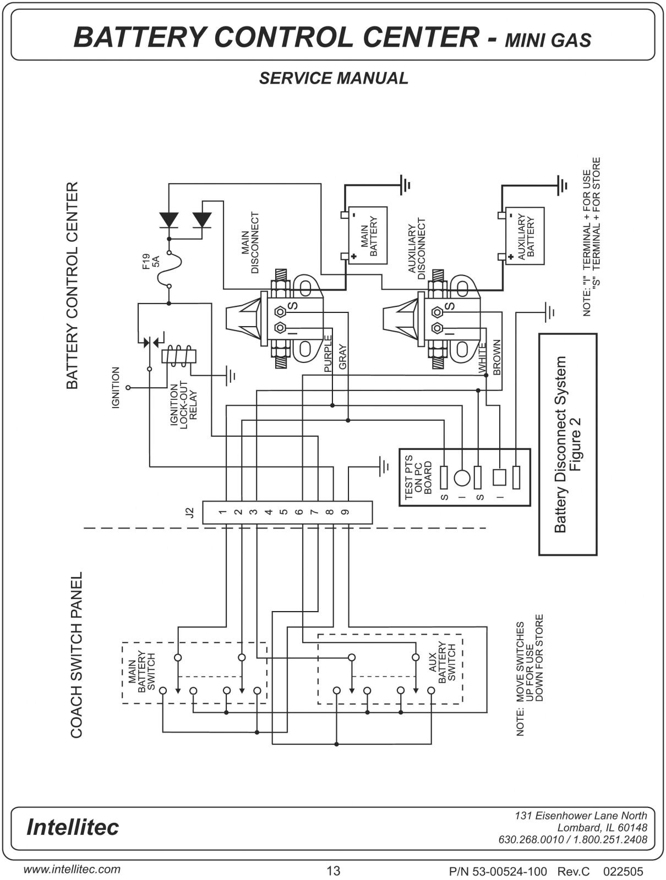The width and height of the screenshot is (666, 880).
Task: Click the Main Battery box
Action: pos(368,235)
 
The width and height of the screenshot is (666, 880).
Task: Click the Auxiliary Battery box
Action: pos(525,236)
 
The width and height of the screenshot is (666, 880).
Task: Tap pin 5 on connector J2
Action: pos(283,512)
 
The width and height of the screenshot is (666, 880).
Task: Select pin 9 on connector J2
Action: pos(345,512)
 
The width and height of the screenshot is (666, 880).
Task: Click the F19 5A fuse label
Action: pos(151,261)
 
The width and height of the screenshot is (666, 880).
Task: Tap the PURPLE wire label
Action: pos(328,354)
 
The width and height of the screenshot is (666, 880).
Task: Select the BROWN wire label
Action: pos(497,357)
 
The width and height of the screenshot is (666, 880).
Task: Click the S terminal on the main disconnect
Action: pos(280,311)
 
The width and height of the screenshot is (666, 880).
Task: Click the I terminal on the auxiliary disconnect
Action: pos(438,328)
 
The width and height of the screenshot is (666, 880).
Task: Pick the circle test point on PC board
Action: pos(462,477)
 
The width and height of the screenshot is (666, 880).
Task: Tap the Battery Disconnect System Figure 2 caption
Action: pos(567,444)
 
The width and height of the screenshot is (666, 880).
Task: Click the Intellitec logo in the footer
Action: pos(73,827)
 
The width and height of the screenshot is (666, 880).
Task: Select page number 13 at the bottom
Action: pos(333,871)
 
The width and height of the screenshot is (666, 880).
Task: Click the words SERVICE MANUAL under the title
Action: pos(334,78)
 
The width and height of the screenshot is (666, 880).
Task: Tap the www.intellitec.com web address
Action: pos(72,869)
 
